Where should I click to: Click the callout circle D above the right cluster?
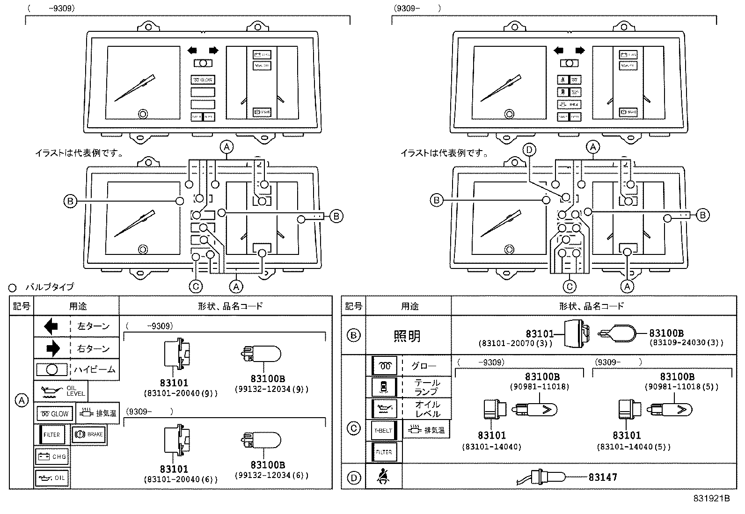[x=529, y=150]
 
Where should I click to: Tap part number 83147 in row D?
[x=603, y=477]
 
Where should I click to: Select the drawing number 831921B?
[x=711, y=499]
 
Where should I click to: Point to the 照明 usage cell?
[x=407, y=336]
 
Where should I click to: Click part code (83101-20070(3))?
[x=515, y=343]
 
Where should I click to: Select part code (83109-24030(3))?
[x=686, y=342]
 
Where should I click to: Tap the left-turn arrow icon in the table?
[x=51, y=326]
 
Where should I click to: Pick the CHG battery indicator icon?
[x=52, y=456]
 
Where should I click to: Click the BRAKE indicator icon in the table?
[x=88, y=434]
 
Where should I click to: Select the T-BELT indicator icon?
[x=384, y=430]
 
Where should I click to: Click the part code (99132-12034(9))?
[x=271, y=389]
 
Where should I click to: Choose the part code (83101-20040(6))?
[x=181, y=479]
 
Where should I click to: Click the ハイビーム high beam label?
[x=94, y=370]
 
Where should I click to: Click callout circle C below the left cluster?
[x=196, y=286]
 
